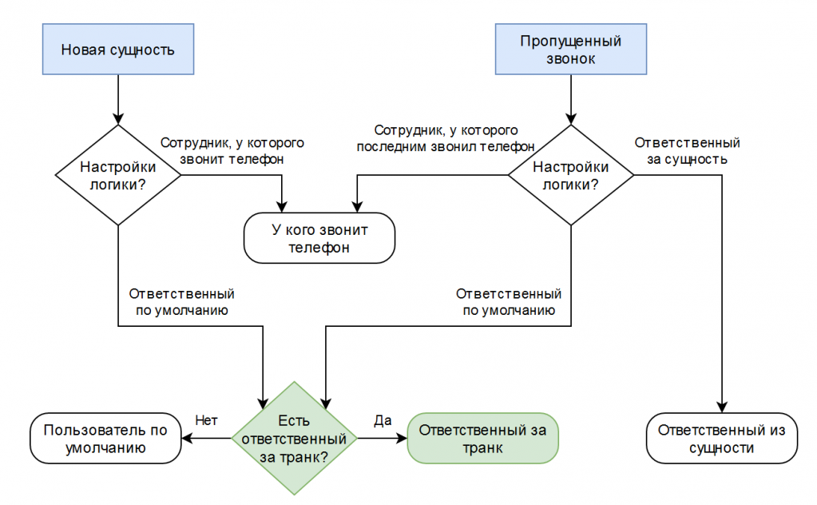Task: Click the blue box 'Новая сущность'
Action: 118,49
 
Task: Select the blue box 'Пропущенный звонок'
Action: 570,49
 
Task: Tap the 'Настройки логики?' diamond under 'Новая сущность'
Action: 118,175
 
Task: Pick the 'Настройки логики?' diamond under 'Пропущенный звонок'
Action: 570,175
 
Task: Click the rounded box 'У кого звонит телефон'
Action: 319,237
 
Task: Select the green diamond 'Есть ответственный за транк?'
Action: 294,439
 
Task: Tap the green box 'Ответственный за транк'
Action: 482,439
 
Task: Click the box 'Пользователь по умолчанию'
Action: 105,439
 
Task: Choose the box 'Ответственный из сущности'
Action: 722,439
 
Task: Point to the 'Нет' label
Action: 206,420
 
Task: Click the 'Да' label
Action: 383,420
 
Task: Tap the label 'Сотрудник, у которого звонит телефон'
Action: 232,150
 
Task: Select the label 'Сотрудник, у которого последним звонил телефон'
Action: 446,138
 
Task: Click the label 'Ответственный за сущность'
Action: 688,150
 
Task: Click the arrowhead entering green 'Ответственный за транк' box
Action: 402,439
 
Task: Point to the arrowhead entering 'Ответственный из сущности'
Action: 722,408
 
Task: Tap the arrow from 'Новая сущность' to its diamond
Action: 118,100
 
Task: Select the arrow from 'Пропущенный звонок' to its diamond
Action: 570,100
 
